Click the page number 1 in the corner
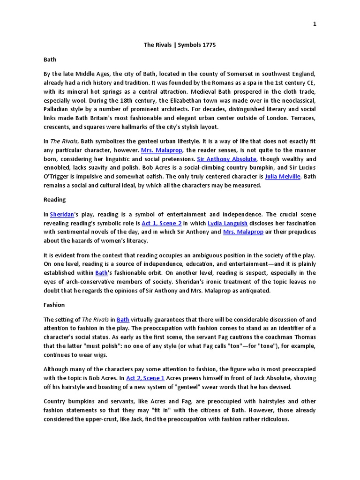click(315, 24)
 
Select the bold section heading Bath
click(50, 60)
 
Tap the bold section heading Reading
click(54, 200)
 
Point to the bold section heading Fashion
click(54, 305)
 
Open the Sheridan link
click(62, 214)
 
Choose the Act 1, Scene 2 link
click(161, 223)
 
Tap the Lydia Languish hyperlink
click(228, 223)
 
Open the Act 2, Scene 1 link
click(145, 378)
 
